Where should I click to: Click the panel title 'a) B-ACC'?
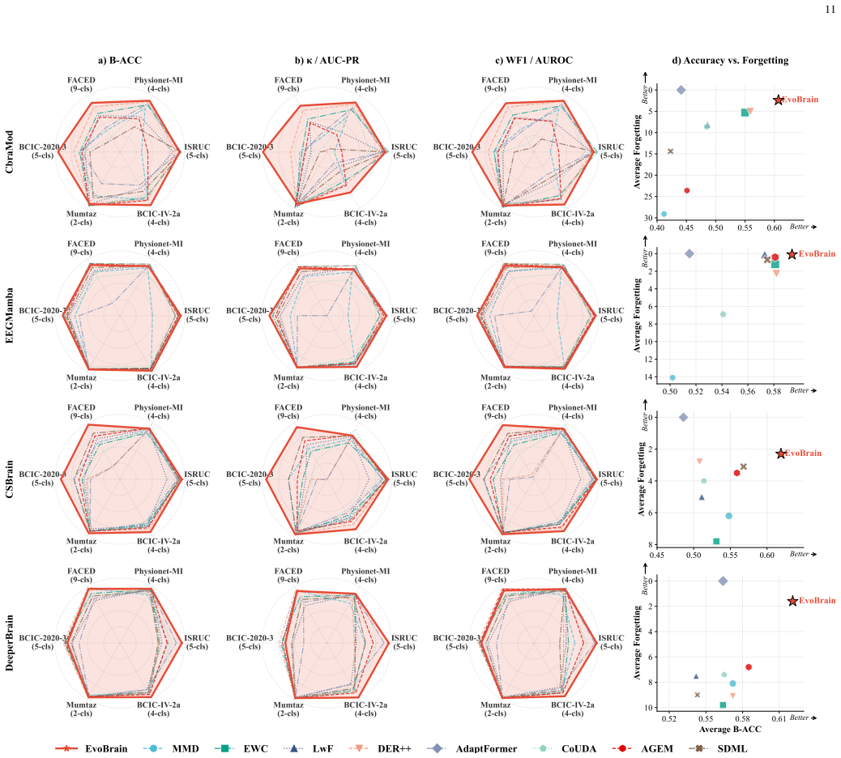[x=120, y=61]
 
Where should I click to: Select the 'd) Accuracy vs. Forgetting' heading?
[x=730, y=61]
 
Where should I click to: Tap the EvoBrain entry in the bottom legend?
[x=92, y=748]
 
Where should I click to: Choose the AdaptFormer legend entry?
[x=472, y=748]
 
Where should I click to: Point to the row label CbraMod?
[x=9, y=151]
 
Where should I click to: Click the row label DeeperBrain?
[x=9, y=643]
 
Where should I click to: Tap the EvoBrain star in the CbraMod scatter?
[x=779, y=100]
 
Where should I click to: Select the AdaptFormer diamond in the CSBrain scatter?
[x=683, y=417]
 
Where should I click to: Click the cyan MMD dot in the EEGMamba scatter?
[x=672, y=377]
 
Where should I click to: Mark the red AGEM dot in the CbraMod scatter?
[x=686, y=190]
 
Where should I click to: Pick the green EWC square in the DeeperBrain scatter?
[x=723, y=705]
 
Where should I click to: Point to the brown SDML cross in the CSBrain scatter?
[x=744, y=466]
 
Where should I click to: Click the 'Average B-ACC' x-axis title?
[x=730, y=729]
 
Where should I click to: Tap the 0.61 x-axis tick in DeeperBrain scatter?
[x=779, y=718]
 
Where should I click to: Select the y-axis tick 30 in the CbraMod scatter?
[x=649, y=218]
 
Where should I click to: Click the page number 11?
[x=830, y=9]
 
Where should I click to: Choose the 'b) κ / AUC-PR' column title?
[x=327, y=61]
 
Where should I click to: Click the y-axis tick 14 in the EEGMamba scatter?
[x=649, y=377]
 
